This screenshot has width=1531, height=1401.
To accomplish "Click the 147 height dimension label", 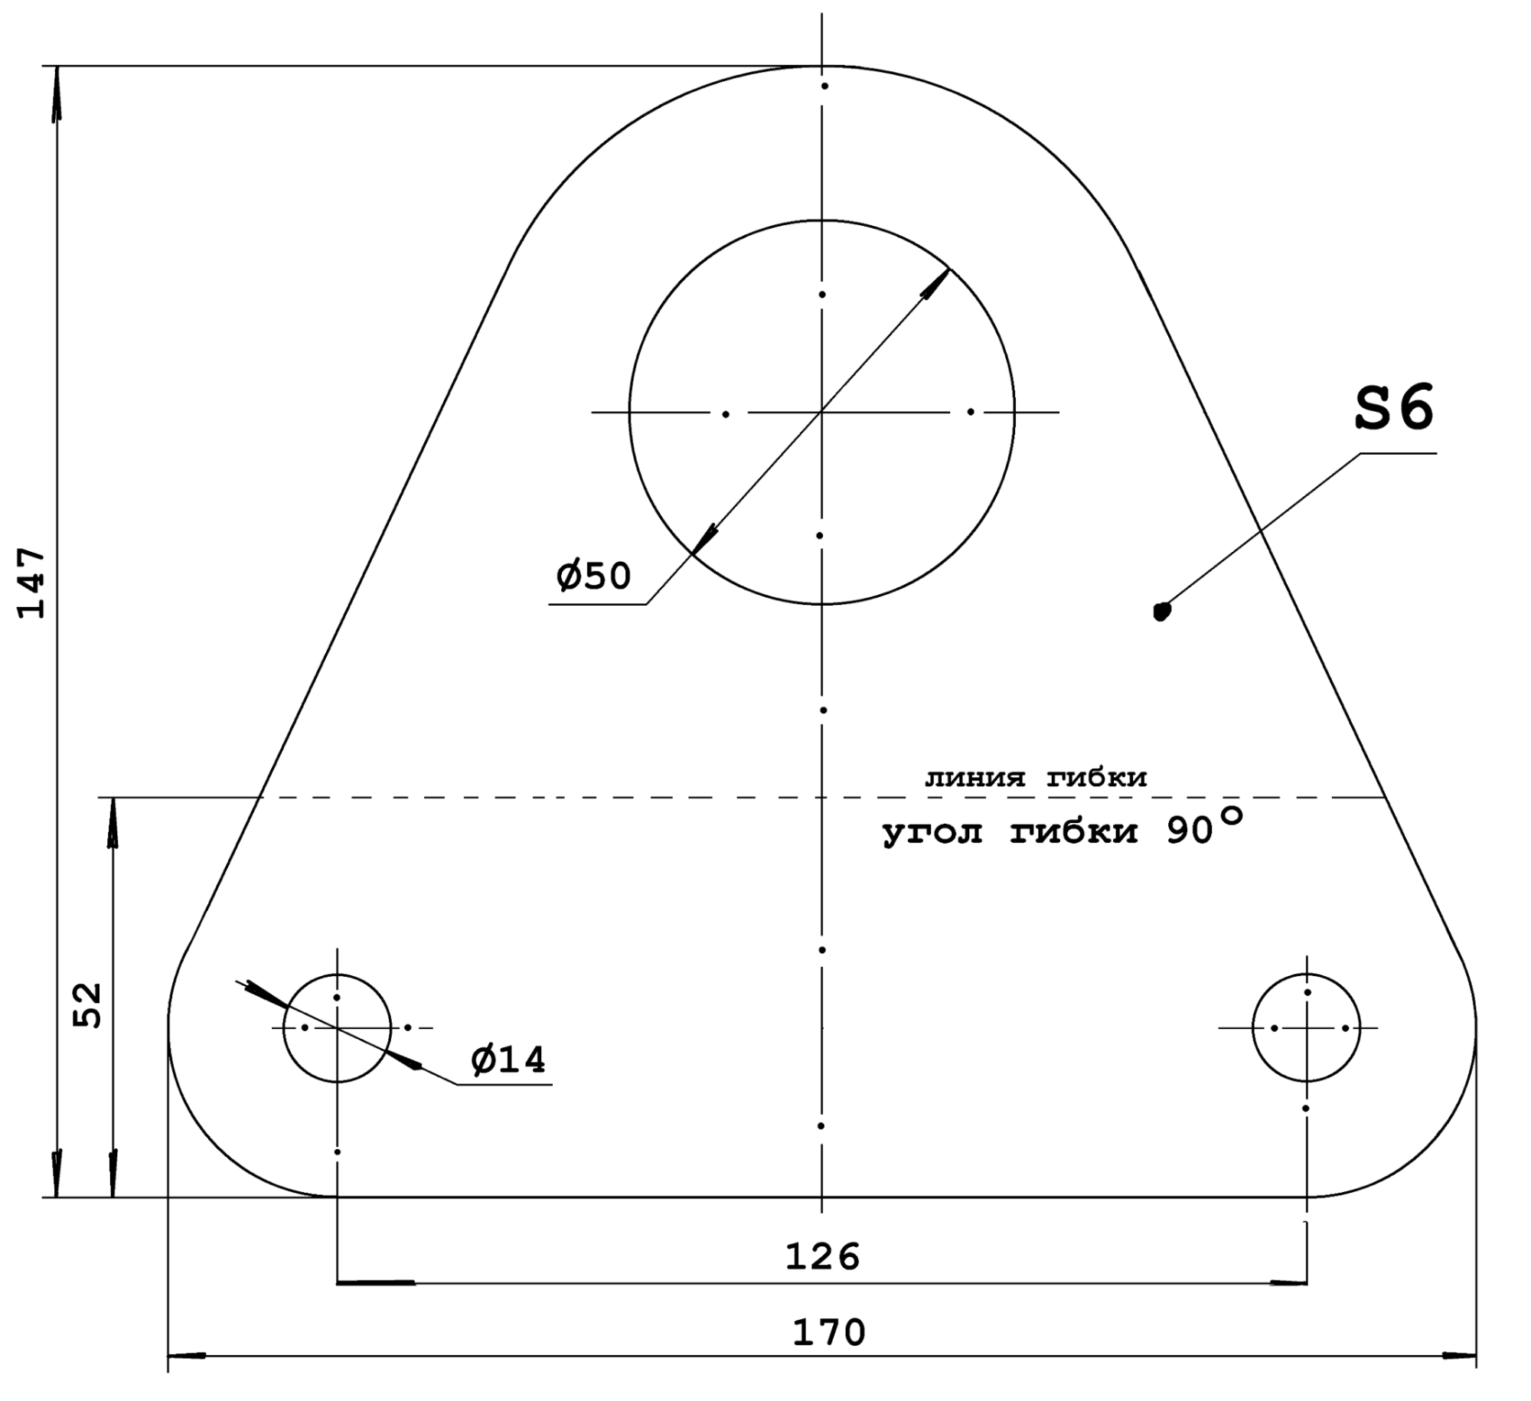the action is [32, 583].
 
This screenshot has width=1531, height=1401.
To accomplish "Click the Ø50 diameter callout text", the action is [593, 576].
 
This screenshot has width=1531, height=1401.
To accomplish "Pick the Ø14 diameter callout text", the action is [508, 1060].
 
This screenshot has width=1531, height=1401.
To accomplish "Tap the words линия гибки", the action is [1036, 779].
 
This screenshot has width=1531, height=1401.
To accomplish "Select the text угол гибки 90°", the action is [1061, 828].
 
